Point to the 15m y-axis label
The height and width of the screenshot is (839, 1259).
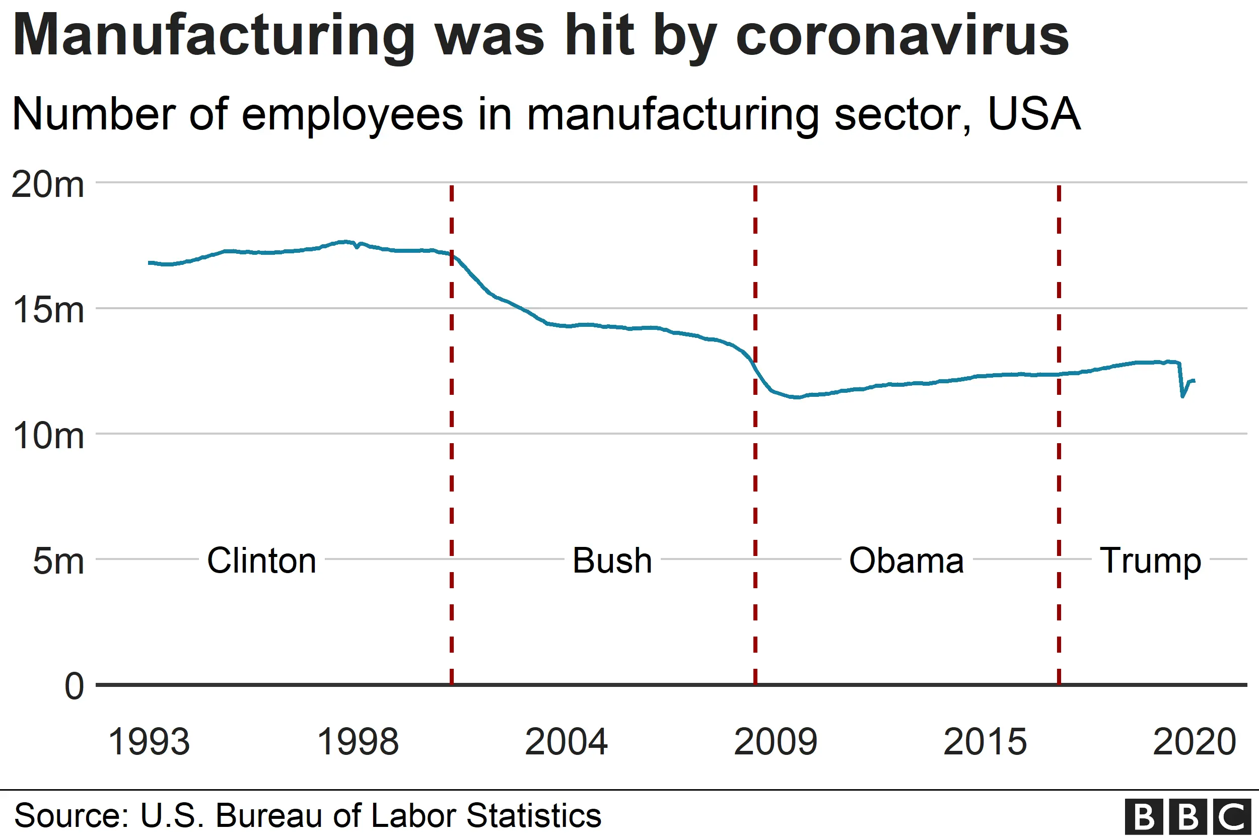48,311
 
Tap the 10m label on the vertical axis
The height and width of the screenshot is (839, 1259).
48,437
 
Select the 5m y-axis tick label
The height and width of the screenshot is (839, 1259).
58,562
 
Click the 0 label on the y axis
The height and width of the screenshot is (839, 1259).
75,687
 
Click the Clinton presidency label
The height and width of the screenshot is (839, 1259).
262,562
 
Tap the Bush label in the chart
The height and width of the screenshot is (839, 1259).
612,562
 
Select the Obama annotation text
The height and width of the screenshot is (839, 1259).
906,562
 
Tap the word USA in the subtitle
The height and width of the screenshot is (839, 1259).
1034,114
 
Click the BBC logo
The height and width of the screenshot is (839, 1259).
1187,817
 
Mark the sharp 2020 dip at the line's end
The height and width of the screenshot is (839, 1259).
1182,395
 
